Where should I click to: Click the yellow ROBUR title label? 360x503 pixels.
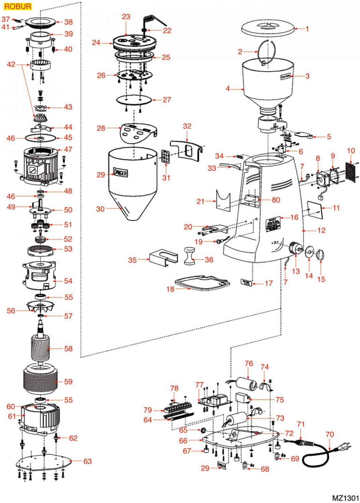17,6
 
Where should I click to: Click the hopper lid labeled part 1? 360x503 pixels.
267,28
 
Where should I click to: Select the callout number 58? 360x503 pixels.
68,349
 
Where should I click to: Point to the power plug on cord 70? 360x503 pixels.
345,447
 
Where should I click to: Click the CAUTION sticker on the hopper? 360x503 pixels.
285,77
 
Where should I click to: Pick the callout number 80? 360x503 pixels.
276,200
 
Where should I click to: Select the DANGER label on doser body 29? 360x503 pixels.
120,172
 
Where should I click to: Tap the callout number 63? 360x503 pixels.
88,461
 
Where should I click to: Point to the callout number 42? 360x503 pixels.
11,64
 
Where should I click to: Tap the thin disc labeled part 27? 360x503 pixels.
134,100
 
